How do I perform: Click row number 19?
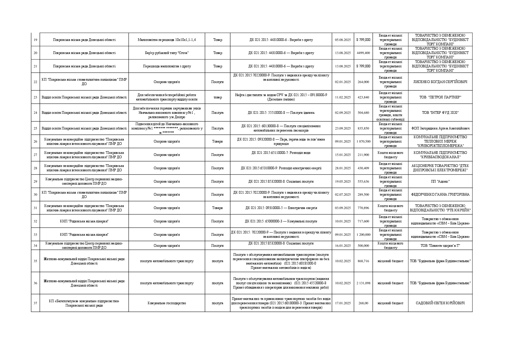coord(35,40)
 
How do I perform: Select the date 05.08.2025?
coord(343,40)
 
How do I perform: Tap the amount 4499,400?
coord(363,53)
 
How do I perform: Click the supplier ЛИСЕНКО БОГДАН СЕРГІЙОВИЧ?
coord(440,82)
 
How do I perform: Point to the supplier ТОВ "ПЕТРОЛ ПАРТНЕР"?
coord(440,97)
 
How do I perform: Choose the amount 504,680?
coord(363,113)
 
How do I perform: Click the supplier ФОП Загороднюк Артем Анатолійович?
coord(440,128)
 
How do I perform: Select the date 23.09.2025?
coord(343,128)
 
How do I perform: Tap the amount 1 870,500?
coord(363,141)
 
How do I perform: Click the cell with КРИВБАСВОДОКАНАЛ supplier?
coord(440,155)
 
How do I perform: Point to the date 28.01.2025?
coord(343,168)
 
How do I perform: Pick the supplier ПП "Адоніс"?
coord(440,181)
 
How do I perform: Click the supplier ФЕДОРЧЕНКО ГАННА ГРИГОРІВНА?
coord(440,195)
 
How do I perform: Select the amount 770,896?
coord(363,208)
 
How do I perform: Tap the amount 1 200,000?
coord(363,235)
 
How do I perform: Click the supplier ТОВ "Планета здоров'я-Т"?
coord(440,246)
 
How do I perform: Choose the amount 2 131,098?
coord(363,283)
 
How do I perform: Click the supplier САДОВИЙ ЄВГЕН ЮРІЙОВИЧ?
coord(440,303)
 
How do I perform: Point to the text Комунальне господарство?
coord(167,303)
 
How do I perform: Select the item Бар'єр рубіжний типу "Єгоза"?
coord(167,53)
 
